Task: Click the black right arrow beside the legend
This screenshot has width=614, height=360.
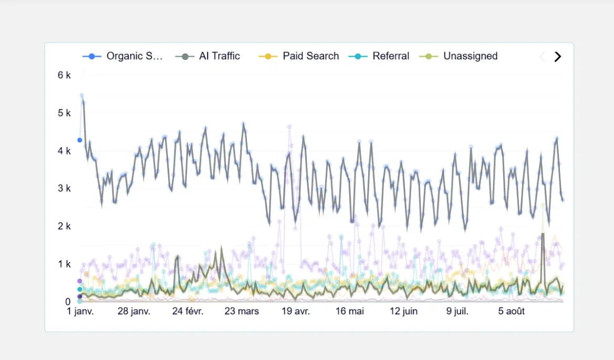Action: pyautogui.click(x=558, y=57)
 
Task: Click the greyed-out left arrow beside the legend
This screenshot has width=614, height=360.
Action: pyautogui.click(x=542, y=57)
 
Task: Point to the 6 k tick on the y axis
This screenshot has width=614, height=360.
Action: pyautogui.click(x=64, y=75)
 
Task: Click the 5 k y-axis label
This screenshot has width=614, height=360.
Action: pyautogui.click(x=64, y=113)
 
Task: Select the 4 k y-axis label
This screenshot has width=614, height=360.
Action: pyautogui.click(x=64, y=151)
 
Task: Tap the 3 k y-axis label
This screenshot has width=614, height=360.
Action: pyautogui.click(x=64, y=188)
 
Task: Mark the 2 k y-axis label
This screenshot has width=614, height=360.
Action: pyautogui.click(x=64, y=226)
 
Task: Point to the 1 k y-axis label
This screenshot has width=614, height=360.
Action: pyautogui.click(x=64, y=264)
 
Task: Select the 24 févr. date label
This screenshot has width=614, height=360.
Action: pyautogui.click(x=188, y=311)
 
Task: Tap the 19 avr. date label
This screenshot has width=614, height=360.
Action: pyautogui.click(x=296, y=311)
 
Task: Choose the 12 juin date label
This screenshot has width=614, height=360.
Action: pyautogui.click(x=403, y=311)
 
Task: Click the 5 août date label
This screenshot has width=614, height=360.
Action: pyautogui.click(x=511, y=311)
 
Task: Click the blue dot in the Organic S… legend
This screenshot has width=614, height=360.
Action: pyautogui.click(x=92, y=56)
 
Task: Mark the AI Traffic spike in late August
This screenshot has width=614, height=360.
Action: pyautogui.click(x=543, y=234)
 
